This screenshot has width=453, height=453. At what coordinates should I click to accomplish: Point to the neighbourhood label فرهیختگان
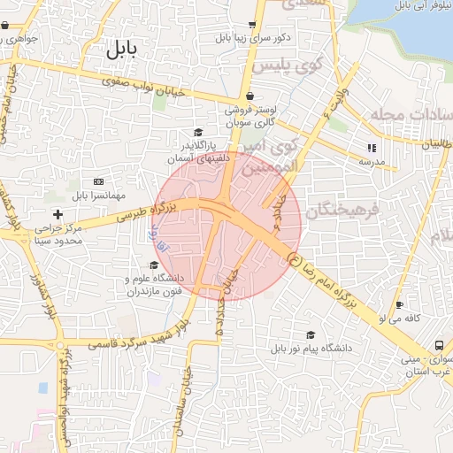click(342, 211)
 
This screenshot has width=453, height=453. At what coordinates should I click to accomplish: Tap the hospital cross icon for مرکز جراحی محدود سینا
click(58, 214)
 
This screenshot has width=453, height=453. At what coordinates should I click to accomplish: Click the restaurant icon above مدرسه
click(372, 148)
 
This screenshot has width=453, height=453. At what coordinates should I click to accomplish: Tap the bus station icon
click(439, 345)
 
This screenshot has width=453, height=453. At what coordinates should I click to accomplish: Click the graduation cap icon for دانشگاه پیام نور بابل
click(310, 334)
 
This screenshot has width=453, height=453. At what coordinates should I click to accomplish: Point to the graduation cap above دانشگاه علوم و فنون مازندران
click(154, 265)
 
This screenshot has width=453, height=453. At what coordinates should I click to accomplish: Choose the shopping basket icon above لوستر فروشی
click(250, 96)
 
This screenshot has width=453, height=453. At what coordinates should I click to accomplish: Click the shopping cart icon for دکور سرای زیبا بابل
click(252, 24)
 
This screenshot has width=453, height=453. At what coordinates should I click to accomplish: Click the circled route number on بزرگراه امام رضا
click(293, 258)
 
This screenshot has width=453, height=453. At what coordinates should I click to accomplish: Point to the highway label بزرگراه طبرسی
click(149, 211)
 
